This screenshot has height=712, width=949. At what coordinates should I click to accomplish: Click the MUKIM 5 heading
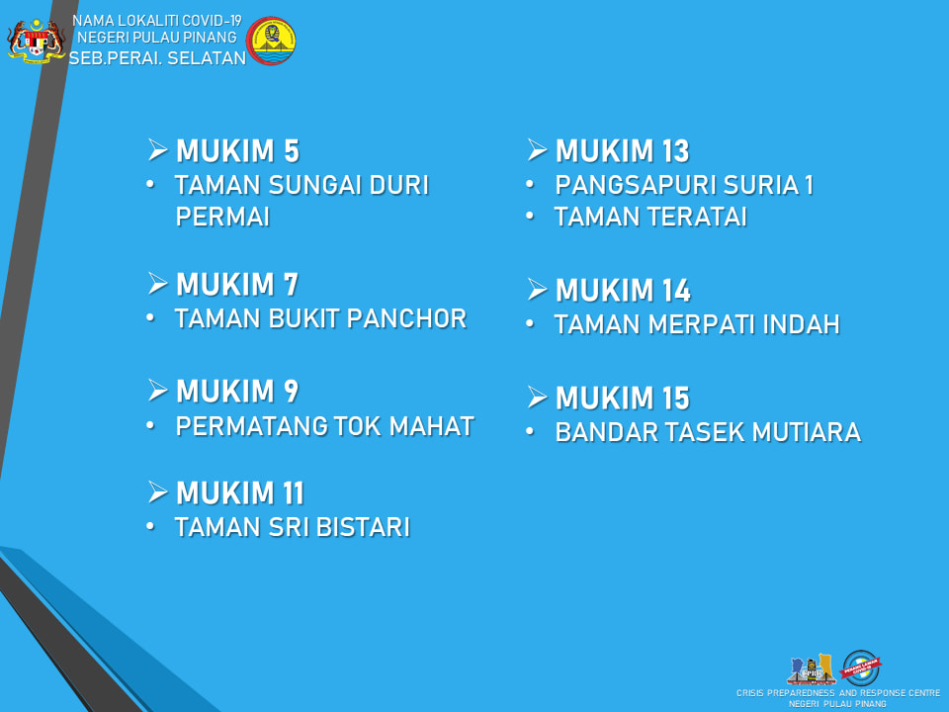click(x=237, y=151)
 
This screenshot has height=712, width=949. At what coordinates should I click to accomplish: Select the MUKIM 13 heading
click(x=622, y=151)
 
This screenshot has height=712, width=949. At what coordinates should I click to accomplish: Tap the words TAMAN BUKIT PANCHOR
click(x=320, y=318)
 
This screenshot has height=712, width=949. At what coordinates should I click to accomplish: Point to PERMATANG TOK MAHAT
click(x=324, y=426)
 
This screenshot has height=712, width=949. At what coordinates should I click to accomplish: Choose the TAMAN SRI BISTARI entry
click(x=293, y=527)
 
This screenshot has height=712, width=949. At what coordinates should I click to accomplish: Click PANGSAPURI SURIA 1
click(x=684, y=185)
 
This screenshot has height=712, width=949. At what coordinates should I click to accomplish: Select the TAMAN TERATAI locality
click(x=650, y=217)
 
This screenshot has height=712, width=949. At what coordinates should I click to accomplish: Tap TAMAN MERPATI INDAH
click(x=697, y=324)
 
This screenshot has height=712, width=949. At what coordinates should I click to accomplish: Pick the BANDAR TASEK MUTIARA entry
click(x=708, y=432)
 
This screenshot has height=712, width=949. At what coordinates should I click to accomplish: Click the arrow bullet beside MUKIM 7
click(x=157, y=284)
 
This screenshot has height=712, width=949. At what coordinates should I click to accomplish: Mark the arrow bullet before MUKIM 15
click(x=537, y=398)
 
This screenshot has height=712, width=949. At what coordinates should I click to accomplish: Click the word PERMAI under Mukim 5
click(x=222, y=217)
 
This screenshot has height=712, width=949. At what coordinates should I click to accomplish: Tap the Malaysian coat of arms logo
click(x=37, y=41)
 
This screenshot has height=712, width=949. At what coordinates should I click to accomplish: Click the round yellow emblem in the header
click(x=271, y=41)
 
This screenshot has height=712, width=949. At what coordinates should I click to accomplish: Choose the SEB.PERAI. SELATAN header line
click(x=157, y=58)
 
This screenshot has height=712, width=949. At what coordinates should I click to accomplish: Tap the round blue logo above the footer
click(x=861, y=667)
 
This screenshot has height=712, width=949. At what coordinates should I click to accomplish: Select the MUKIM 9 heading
click(x=237, y=392)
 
